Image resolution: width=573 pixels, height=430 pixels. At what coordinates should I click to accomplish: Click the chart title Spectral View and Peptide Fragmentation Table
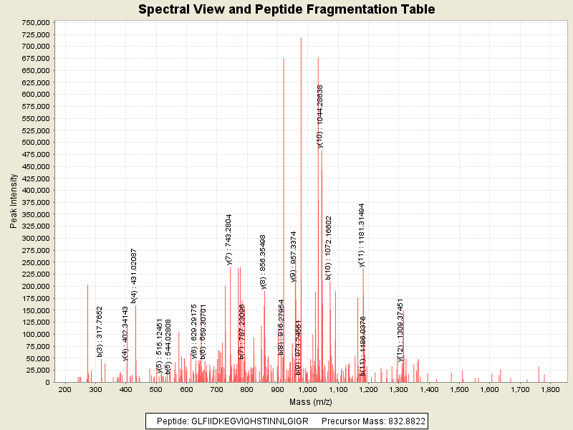point(286,9)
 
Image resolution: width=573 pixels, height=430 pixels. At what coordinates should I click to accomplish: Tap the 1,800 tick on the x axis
point(550,390)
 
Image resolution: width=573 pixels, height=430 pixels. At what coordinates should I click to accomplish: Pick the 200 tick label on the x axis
point(64,390)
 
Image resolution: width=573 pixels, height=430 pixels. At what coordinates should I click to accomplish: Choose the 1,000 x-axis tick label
point(307,390)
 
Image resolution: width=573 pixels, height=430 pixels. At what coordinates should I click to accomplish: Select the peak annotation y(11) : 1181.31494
point(362,235)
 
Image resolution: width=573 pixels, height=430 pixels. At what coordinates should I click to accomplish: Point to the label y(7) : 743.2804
point(229,240)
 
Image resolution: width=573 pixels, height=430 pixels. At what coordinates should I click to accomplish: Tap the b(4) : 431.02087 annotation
point(134,276)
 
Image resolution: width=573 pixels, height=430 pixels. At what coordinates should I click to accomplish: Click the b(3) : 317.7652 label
point(100,332)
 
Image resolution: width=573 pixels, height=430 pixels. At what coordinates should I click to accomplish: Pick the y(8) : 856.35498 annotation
point(264,262)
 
